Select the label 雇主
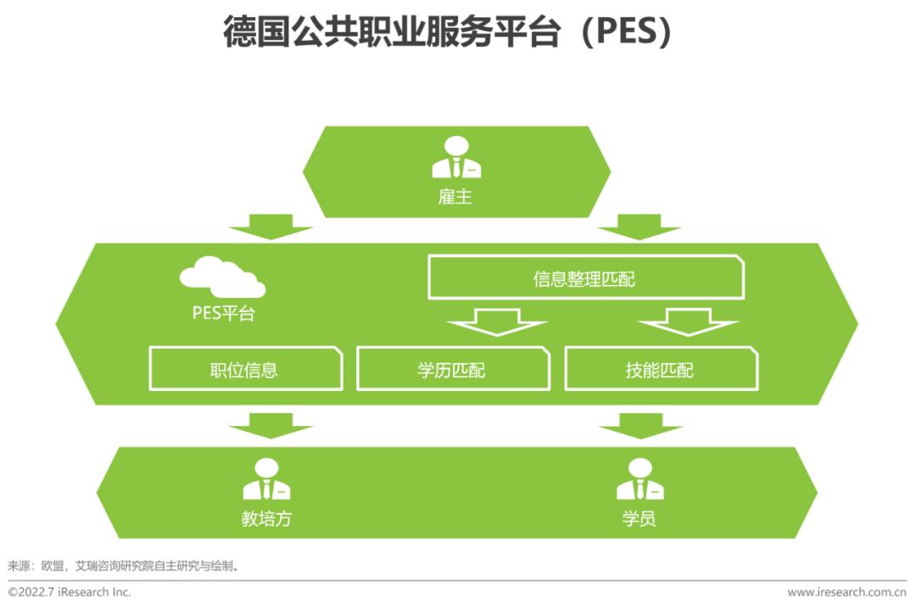[456, 198]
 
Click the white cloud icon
[222, 277]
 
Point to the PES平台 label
[223, 313]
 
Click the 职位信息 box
[245, 369]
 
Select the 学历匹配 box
[452, 369]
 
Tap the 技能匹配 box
[660, 369]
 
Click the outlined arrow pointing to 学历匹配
[498, 322]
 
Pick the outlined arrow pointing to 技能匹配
[689, 322]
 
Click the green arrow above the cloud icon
[271, 227]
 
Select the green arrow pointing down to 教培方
[271, 425]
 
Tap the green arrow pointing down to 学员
[640, 425]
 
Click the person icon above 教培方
[266, 479]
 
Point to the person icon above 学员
[640, 479]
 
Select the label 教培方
[266, 518]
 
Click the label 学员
[640, 518]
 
